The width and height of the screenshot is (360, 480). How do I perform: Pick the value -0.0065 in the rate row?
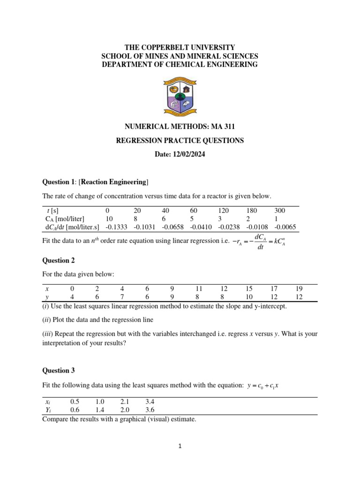[285, 227]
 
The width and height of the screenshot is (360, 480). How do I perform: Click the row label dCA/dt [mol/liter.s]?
[71, 227]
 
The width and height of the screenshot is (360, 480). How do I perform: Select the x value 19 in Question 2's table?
[299, 289]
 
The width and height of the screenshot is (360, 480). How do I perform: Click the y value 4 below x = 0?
[72, 297]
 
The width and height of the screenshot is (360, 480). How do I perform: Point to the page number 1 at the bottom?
[180, 446]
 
